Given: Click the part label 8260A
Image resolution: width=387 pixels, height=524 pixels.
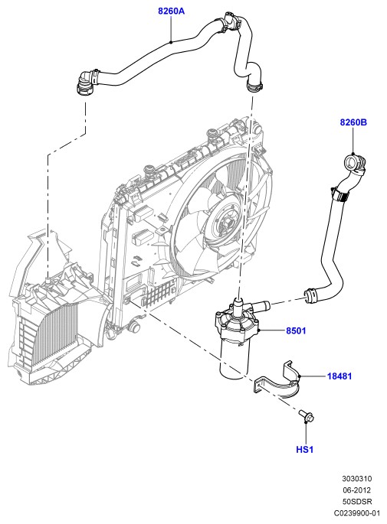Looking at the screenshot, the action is (x=171, y=11).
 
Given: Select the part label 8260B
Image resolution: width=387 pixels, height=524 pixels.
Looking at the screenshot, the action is (x=353, y=122).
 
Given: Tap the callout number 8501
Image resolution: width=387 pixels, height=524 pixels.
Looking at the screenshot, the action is (x=296, y=330).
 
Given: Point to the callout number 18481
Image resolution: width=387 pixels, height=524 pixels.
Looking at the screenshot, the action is (x=339, y=376).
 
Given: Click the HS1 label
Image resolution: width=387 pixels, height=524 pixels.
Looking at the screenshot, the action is (x=305, y=450).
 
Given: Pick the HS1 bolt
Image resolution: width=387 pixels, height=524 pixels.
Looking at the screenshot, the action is (x=307, y=415).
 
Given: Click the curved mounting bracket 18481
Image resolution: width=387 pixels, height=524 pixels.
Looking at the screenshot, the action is (x=277, y=381).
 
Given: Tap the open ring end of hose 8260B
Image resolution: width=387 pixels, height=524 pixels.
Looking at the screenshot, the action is (x=351, y=161).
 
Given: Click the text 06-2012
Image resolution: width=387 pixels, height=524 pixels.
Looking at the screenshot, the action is (x=356, y=490).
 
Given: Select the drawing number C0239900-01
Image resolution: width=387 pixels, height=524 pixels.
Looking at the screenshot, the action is (x=357, y=513).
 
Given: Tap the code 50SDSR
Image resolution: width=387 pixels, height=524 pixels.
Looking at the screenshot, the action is (x=357, y=502).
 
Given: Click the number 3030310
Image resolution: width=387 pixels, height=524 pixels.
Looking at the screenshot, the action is (x=357, y=479).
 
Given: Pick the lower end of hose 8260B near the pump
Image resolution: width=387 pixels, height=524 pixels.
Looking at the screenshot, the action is (x=312, y=295).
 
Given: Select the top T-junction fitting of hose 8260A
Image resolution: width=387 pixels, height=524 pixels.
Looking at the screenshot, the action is (x=229, y=21).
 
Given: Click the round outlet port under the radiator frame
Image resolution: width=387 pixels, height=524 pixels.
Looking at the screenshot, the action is (x=134, y=326).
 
